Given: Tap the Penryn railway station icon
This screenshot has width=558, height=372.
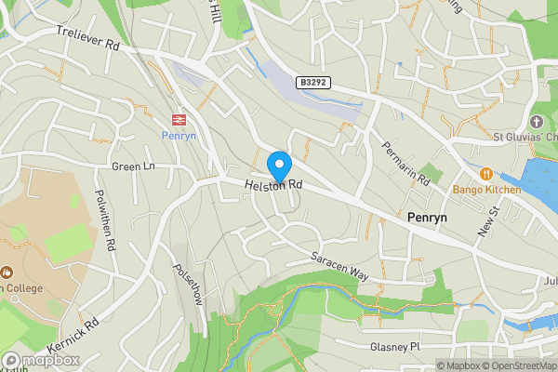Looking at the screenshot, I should tap(177, 118).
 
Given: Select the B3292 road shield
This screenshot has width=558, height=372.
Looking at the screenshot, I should tap(314, 83).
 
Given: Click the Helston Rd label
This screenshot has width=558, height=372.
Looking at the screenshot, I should tap(274, 186).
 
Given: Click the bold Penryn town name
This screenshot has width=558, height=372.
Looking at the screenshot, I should tap(428, 217).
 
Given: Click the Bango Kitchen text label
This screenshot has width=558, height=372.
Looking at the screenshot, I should tap(487, 190).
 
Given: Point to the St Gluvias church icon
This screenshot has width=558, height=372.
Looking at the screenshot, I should tap(536, 123).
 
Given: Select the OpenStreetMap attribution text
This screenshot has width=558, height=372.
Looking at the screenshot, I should tap(515, 365).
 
